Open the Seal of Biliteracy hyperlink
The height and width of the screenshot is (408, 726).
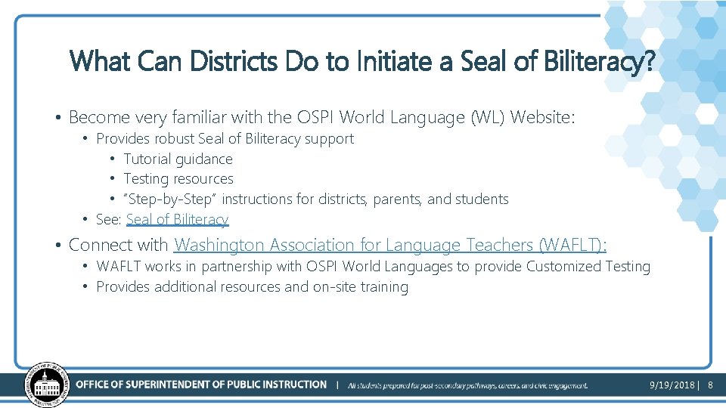177,220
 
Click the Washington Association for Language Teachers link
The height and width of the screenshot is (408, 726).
390,245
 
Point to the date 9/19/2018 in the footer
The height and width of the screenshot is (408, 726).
672,385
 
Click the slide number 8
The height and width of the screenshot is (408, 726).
710,385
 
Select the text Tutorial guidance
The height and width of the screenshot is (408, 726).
178,159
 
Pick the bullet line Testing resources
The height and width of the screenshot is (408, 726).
178,179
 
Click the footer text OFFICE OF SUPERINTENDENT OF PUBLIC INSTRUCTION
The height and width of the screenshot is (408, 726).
201,385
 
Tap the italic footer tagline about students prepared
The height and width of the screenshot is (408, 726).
467,385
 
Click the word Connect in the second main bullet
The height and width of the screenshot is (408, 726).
96,245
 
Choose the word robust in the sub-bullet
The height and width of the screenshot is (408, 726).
174,139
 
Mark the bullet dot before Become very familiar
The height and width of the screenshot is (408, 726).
57,118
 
